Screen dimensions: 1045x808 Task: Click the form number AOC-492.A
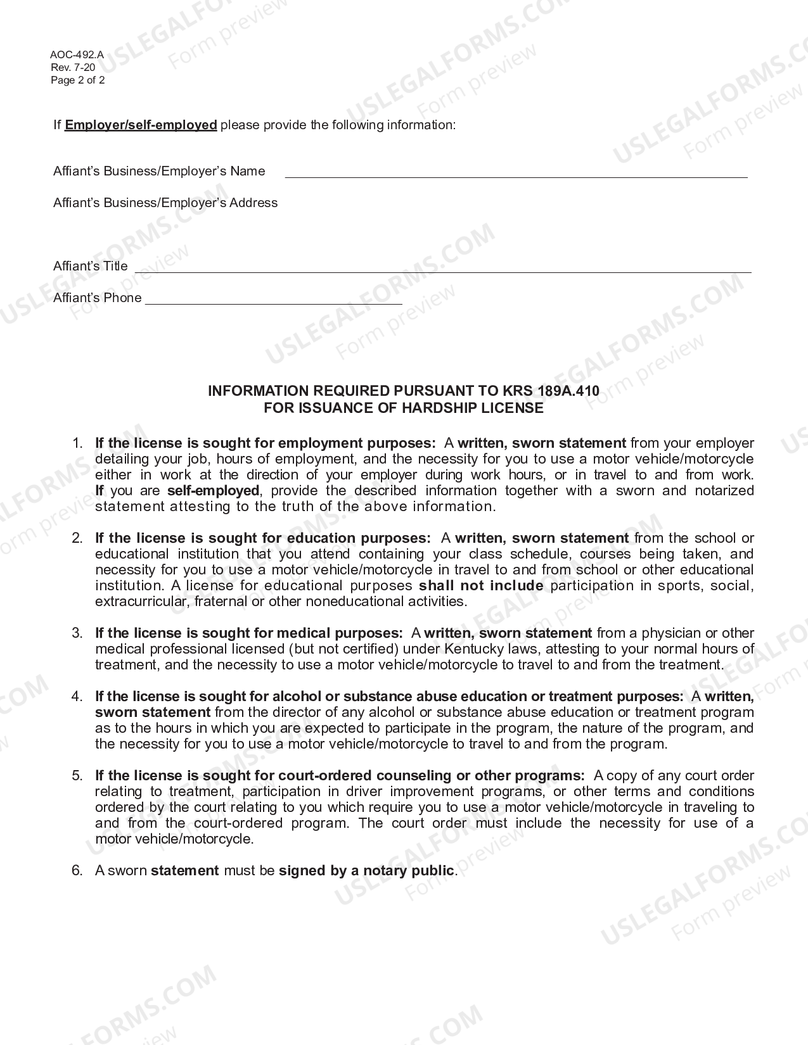tap(77, 55)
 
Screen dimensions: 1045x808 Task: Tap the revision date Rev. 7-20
tap(73, 68)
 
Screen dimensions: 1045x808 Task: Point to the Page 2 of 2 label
tap(77, 80)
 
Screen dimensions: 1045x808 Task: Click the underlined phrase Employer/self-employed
tap(141, 125)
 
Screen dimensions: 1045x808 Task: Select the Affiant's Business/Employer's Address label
tap(165, 203)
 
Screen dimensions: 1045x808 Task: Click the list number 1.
tap(77, 443)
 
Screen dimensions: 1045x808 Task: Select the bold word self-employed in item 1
tap(213, 491)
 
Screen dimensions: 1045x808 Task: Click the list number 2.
tap(77, 538)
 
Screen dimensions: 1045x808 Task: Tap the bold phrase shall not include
tap(481, 586)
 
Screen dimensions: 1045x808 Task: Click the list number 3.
tap(77, 633)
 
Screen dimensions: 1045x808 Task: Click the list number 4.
tap(77, 697)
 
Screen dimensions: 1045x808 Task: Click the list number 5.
tap(77, 776)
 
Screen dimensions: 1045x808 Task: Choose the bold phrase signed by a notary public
tap(366, 871)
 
